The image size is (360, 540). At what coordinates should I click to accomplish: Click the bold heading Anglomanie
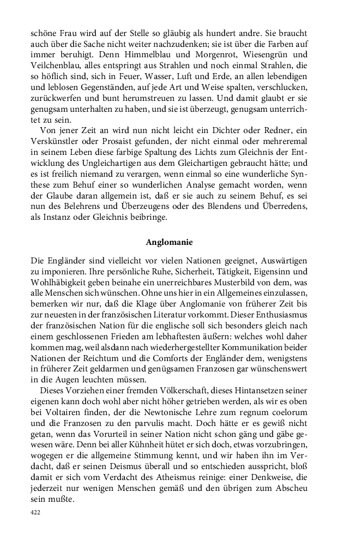pyautogui.click(x=170, y=242)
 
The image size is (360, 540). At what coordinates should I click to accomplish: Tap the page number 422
pyautogui.click(x=37, y=513)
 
